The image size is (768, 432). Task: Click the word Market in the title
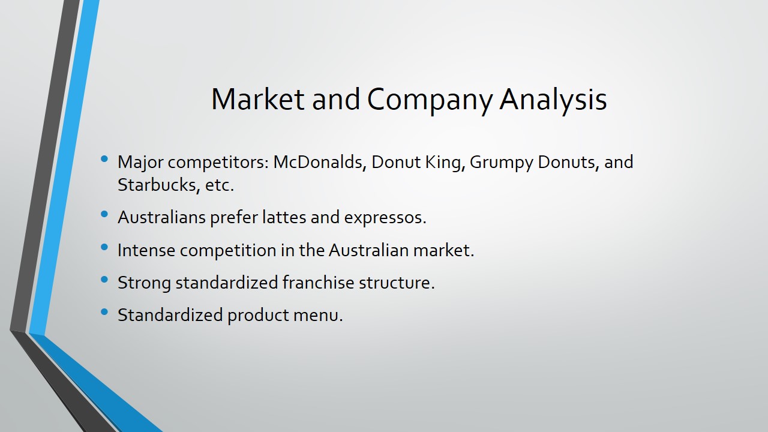[257, 99]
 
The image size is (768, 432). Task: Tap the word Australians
[161, 217]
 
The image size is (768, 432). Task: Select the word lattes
[284, 217]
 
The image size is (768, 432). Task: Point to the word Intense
[146, 250]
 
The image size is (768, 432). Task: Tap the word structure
[397, 284]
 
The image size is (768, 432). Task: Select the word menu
[318, 316]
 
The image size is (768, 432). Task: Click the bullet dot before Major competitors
[104, 159]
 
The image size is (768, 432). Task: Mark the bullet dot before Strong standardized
[104, 280]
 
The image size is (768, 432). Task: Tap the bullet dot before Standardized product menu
[104, 312]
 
